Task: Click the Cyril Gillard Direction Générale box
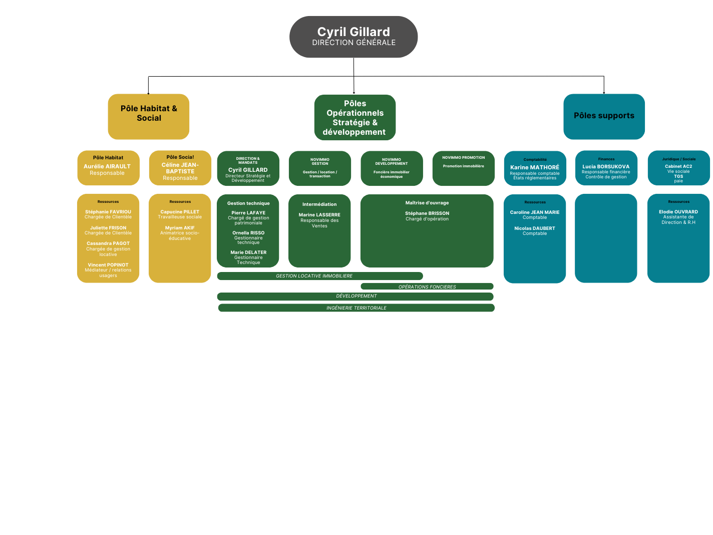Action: click(x=353, y=37)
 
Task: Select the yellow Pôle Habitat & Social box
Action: click(x=149, y=116)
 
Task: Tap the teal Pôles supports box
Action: click(x=604, y=116)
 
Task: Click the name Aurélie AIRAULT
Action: click(x=107, y=166)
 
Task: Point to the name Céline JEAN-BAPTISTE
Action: click(x=180, y=168)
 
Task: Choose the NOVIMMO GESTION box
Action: click(x=320, y=168)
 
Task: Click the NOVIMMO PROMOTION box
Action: click(x=463, y=168)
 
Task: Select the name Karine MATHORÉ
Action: click(x=535, y=167)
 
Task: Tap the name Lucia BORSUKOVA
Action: click(x=606, y=166)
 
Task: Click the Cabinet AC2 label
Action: click(x=678, y=166)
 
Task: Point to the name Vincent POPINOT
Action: click(x=108, y=265)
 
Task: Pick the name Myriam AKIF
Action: click(x=180, y=228)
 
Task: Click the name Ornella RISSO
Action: click(x=248, y=233)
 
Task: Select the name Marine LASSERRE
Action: click(x=319, y=215)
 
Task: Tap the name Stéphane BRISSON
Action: click(x=427, y=213)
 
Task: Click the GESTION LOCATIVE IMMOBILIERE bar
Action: click(x=320, y=276)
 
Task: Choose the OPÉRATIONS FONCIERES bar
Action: click(x=427, y=287)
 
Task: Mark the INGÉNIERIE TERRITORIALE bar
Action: click(x=356, y=308)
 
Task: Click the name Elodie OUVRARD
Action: click(x=678, y=212)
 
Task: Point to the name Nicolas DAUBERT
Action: click(x=535, y=228)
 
